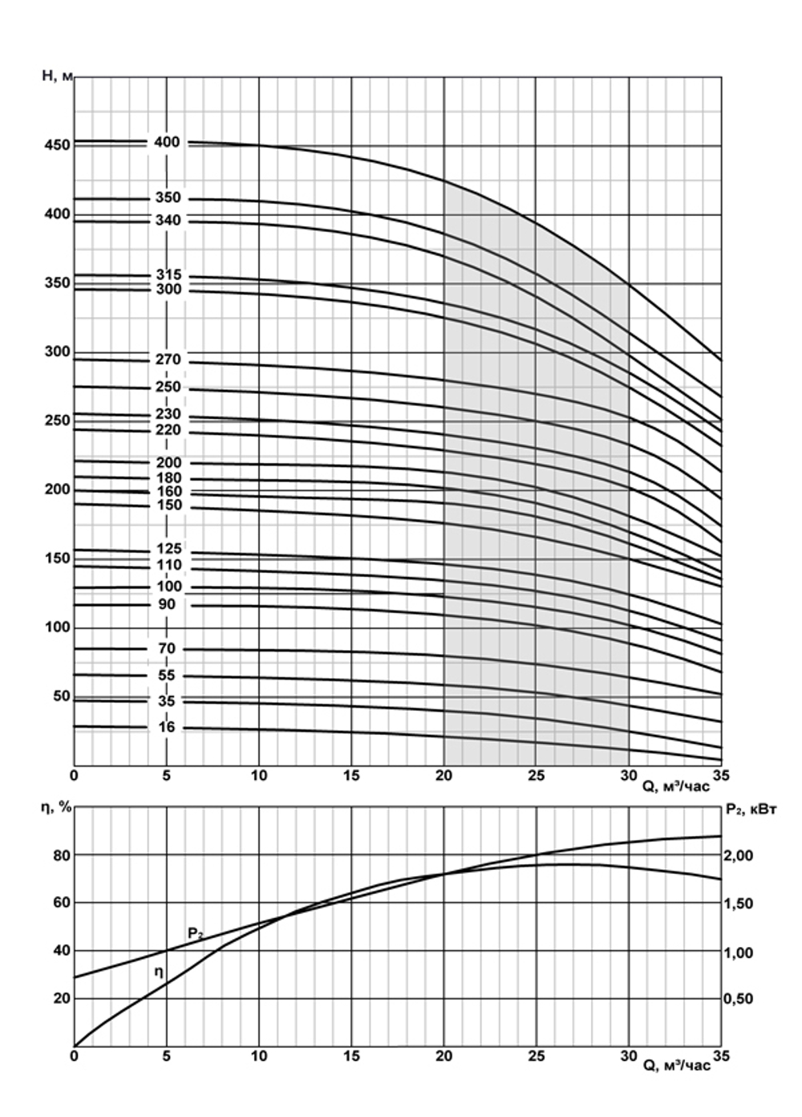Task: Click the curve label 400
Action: tap(167, 142)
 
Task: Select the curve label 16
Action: tap(167, 728)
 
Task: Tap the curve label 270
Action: tap(168, 359)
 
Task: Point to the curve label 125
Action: tap(168, 549)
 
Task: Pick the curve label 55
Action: tap(167, 676)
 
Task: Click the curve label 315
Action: tap(168, 274)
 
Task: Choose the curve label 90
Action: tap(167, 604)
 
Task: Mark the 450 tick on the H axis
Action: tap(60, 145)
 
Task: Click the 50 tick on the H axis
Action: tap(62, 696)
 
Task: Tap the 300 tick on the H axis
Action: tap(60, 351)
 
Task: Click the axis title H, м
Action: tap(57, 76)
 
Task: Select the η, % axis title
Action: tap(57, 807)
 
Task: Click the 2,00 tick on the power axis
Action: tap(739, 856)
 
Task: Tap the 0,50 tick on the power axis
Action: tap(739, 999)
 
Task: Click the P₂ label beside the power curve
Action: tap(195, 933)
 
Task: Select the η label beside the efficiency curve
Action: tap(159, 972)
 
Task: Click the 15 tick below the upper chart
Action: tap(350, 776)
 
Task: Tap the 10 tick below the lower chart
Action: tap(258, 1056)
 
